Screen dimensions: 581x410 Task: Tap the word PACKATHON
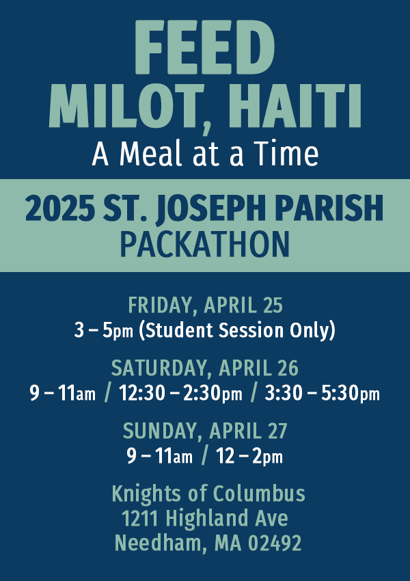[x=204, y=243]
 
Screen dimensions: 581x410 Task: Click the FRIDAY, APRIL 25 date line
[x=205, y=306]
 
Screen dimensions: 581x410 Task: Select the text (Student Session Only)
[x=237, y=330]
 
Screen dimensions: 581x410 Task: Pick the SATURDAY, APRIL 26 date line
[x=205, y=368]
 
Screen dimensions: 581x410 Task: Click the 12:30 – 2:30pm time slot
[x=180, y=394]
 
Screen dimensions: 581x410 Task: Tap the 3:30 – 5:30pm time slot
[x=321, y=394]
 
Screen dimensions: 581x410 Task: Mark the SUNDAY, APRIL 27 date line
[x=205, y=431]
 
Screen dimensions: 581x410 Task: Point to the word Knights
[x=146, y=494]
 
